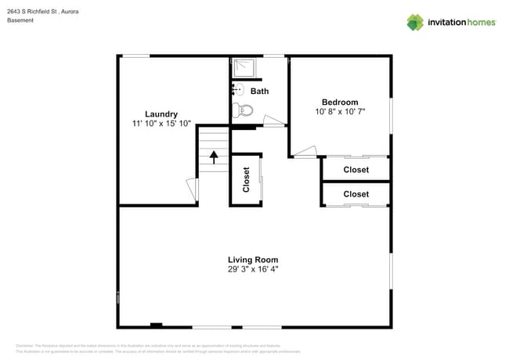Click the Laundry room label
[x=161, y=113]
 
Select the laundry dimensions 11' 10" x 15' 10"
[x=161, y=124]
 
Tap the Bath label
[x=259, y=91]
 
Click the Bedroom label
[x=340, y=102]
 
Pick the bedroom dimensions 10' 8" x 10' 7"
[x=340, y=112]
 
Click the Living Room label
[x=253, y=260]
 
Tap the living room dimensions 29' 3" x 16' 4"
[x=253, y=270]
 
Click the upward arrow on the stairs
[x=212, y=157]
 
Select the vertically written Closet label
[x=246, y=179]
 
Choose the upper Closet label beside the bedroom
[x=356, y=169]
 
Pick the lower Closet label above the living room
[x=356, y=193]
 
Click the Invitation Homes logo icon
[x=414, y=22]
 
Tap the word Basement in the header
[x=20, y=20]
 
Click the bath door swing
[x=274, y=121]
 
